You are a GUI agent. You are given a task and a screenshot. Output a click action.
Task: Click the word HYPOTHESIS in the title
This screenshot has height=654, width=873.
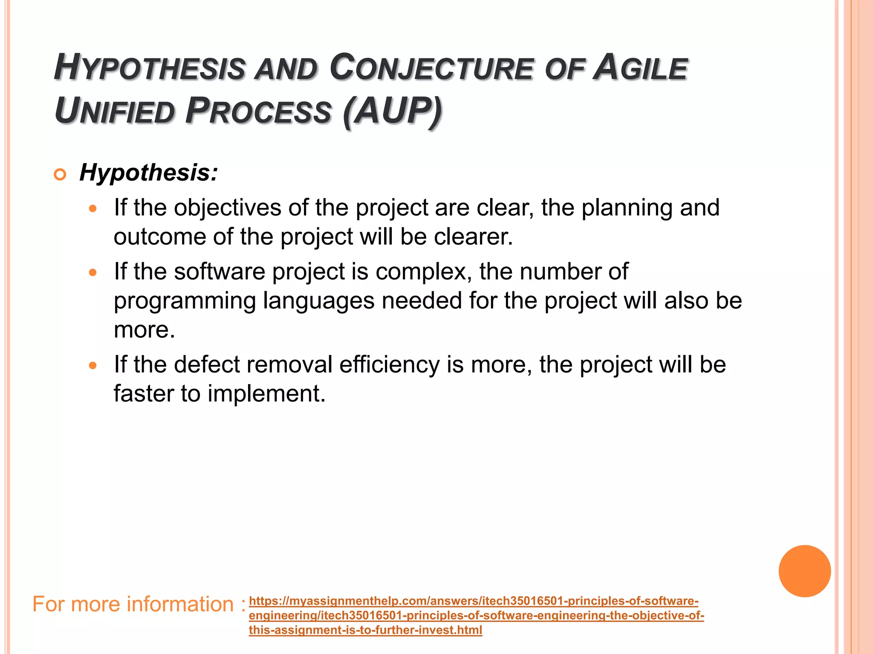click(x=149, y=68)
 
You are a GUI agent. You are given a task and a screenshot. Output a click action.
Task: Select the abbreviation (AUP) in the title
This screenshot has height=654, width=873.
click(x=392, y=112)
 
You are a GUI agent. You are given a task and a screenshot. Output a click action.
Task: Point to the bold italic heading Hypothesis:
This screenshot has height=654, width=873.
click(x=148, y=173)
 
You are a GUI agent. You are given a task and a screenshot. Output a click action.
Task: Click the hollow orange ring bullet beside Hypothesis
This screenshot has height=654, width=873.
click(x=60, y=175)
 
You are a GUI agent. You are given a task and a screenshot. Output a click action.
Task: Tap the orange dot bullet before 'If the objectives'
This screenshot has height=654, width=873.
click(x=93, y=209)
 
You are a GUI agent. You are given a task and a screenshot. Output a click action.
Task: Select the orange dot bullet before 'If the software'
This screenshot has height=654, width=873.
click(x=93, y=272)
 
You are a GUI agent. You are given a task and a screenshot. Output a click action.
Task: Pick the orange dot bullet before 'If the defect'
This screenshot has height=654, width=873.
click(x=93, y=365)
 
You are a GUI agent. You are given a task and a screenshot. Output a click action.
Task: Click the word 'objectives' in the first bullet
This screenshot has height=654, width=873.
click(x=227, y=208)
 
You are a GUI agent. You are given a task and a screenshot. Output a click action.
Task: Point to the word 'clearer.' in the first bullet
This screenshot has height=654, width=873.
click(x=473, y=237)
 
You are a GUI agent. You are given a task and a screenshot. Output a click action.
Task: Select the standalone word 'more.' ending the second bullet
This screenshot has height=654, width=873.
click(x=145, y=330)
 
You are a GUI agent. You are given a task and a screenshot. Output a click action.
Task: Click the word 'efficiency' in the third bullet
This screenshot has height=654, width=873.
click(x=389, y=364)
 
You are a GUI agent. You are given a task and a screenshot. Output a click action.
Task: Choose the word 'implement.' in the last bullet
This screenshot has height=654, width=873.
click(x=266, y=393)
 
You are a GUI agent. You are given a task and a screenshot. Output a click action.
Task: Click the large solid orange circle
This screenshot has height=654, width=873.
click(x=804, y=571)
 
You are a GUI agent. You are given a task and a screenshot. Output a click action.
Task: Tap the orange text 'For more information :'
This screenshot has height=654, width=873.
click(x=139, y=604)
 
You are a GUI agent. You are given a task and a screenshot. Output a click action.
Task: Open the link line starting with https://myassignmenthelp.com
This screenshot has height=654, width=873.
click(x=473, y=601)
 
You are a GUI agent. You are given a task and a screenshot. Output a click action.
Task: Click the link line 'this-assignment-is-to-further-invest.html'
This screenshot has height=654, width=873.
click(x=365, y=630)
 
